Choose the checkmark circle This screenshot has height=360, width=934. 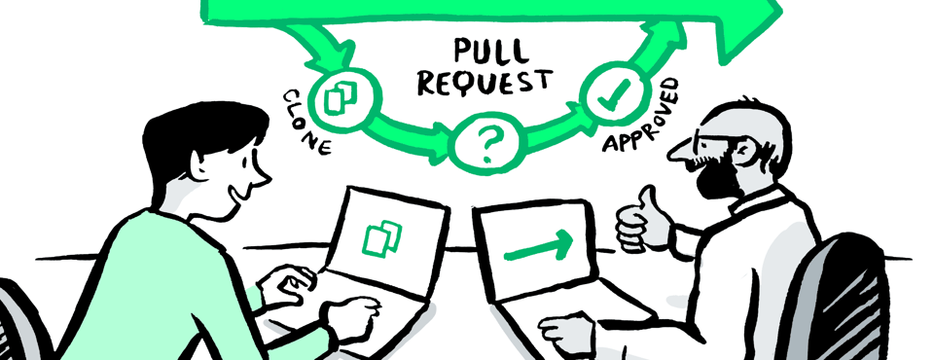coord(608,96)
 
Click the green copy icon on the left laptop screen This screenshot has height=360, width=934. coord(381,237)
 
